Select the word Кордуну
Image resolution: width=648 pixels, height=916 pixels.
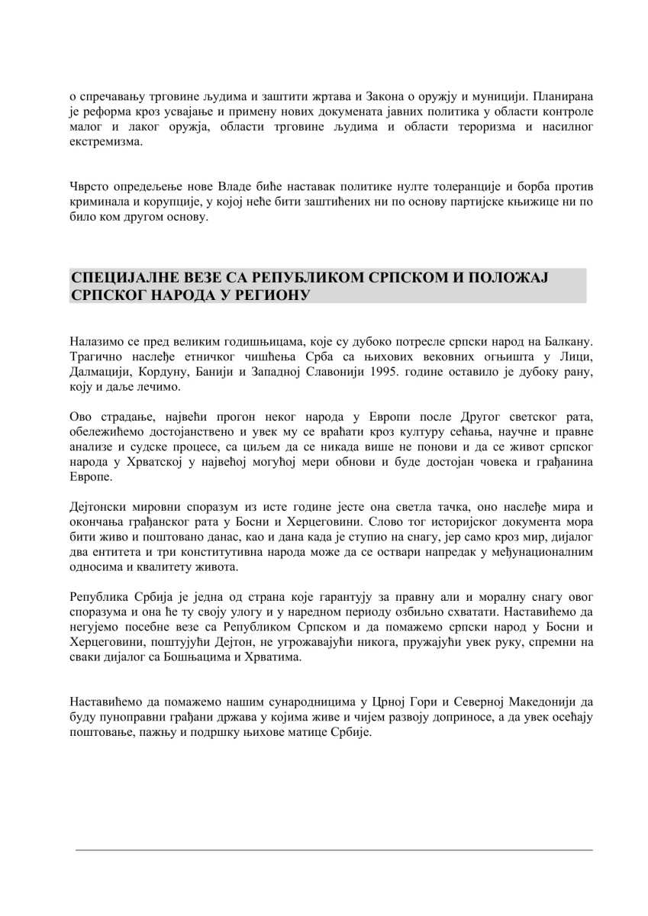pyautogui.click(x=172, y=370)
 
